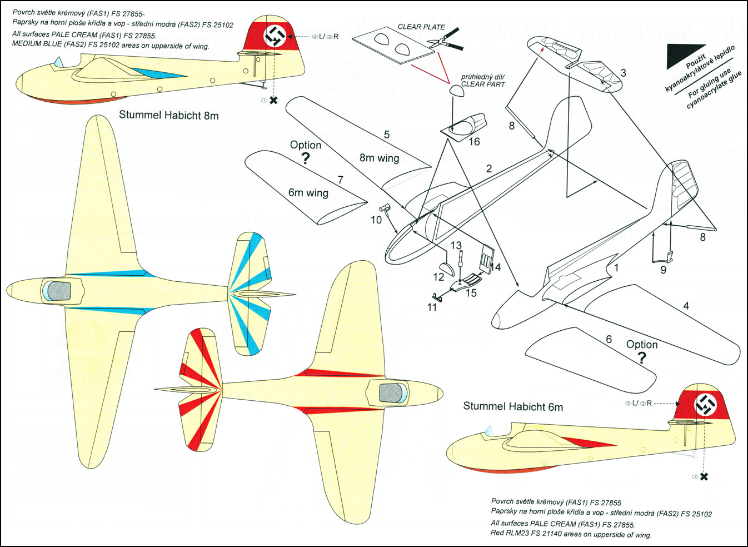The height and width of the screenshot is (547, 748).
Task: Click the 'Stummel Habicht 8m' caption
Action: coord(168,116)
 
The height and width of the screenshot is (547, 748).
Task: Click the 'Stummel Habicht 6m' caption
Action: coord(512,406)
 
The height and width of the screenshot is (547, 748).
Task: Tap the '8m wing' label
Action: coord(379,158)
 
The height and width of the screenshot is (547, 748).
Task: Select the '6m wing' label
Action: coord(308,193)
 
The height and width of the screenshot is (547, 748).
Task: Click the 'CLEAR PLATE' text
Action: coord(421,27)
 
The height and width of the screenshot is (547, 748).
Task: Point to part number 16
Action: coord(474,142)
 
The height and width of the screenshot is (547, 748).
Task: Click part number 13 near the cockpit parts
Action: coord(456,245)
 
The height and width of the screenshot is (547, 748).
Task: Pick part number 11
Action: coord(432,307)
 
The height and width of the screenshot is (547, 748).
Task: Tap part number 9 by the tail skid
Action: coord(663,270)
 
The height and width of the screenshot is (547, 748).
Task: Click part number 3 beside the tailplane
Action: coord(624,73)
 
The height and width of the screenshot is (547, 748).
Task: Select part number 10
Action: coord(376,220)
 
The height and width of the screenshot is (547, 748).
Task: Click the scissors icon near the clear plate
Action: coord(445,39)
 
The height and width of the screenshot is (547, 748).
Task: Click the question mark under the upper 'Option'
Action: coord(305,159)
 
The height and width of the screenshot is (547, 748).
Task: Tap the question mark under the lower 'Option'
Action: coord(642,357)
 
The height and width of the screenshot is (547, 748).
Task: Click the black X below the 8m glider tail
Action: coord(273,101)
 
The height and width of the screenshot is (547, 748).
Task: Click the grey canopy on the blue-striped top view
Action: coord(59,291)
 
